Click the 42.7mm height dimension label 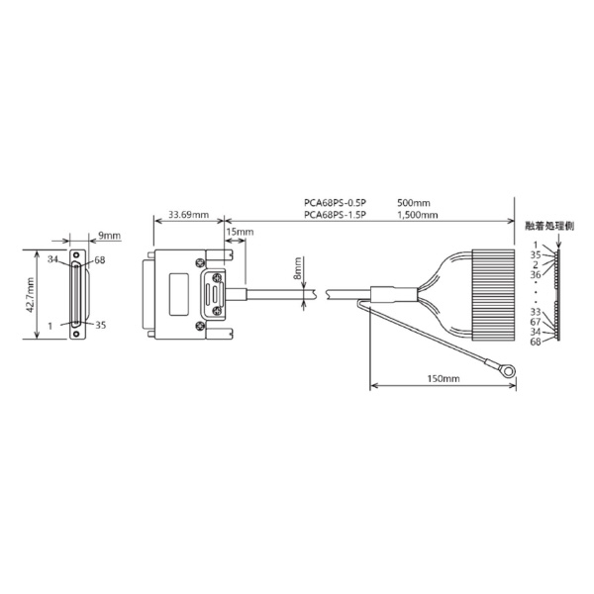pos(30,295)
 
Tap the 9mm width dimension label pos(110,236)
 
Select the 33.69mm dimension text pos(188,215)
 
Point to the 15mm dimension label pos(241,232)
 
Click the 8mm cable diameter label pos(298,268)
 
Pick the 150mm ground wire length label pos(444,378)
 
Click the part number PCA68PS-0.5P pos(336,203)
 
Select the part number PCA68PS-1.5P pos(336,215)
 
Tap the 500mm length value pos(414,203)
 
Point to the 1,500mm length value pos(418,215)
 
